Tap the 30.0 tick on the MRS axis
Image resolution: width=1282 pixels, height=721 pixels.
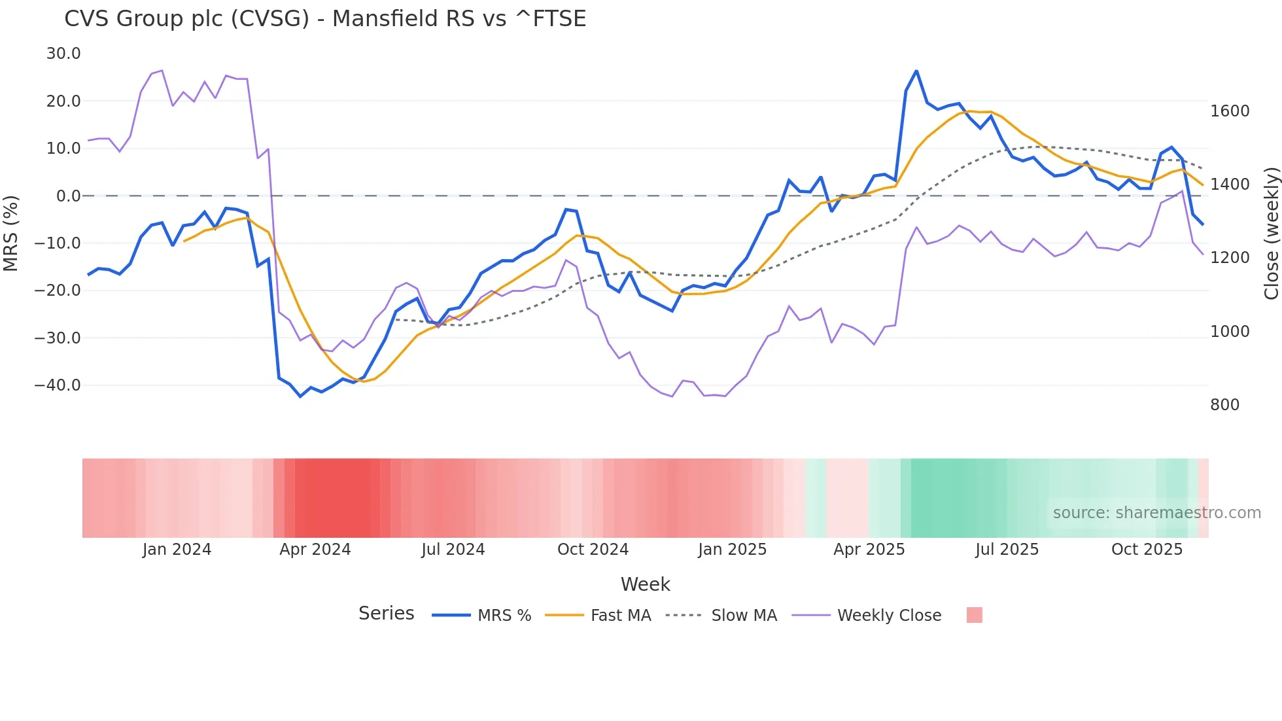tap(63, 54)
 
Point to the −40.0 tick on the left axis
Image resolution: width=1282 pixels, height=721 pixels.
tap(58, 385)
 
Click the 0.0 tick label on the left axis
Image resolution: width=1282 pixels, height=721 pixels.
tap(68, 196)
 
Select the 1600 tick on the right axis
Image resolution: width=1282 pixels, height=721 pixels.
tap(1230, 111)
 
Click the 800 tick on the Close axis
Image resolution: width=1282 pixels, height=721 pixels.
tap(1224, 405)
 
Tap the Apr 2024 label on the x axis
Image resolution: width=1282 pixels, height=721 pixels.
tap(315, 550)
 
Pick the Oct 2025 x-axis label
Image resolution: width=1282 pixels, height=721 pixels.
tap(1147, 550)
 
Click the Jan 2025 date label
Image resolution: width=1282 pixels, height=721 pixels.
tap(732, 550)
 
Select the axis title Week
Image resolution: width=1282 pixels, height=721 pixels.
tap(645, 584)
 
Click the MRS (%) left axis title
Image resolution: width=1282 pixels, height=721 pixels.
tap(11, 233)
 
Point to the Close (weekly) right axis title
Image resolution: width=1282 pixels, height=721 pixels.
tap(1271, 234)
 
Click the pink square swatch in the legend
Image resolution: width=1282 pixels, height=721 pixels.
tap(974, 615)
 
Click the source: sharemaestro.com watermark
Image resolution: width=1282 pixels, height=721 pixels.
tap(1156, 513)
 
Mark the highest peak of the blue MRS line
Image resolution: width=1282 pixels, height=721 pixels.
tap(916, 71)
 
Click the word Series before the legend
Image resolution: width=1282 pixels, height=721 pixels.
tap(386, 614)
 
